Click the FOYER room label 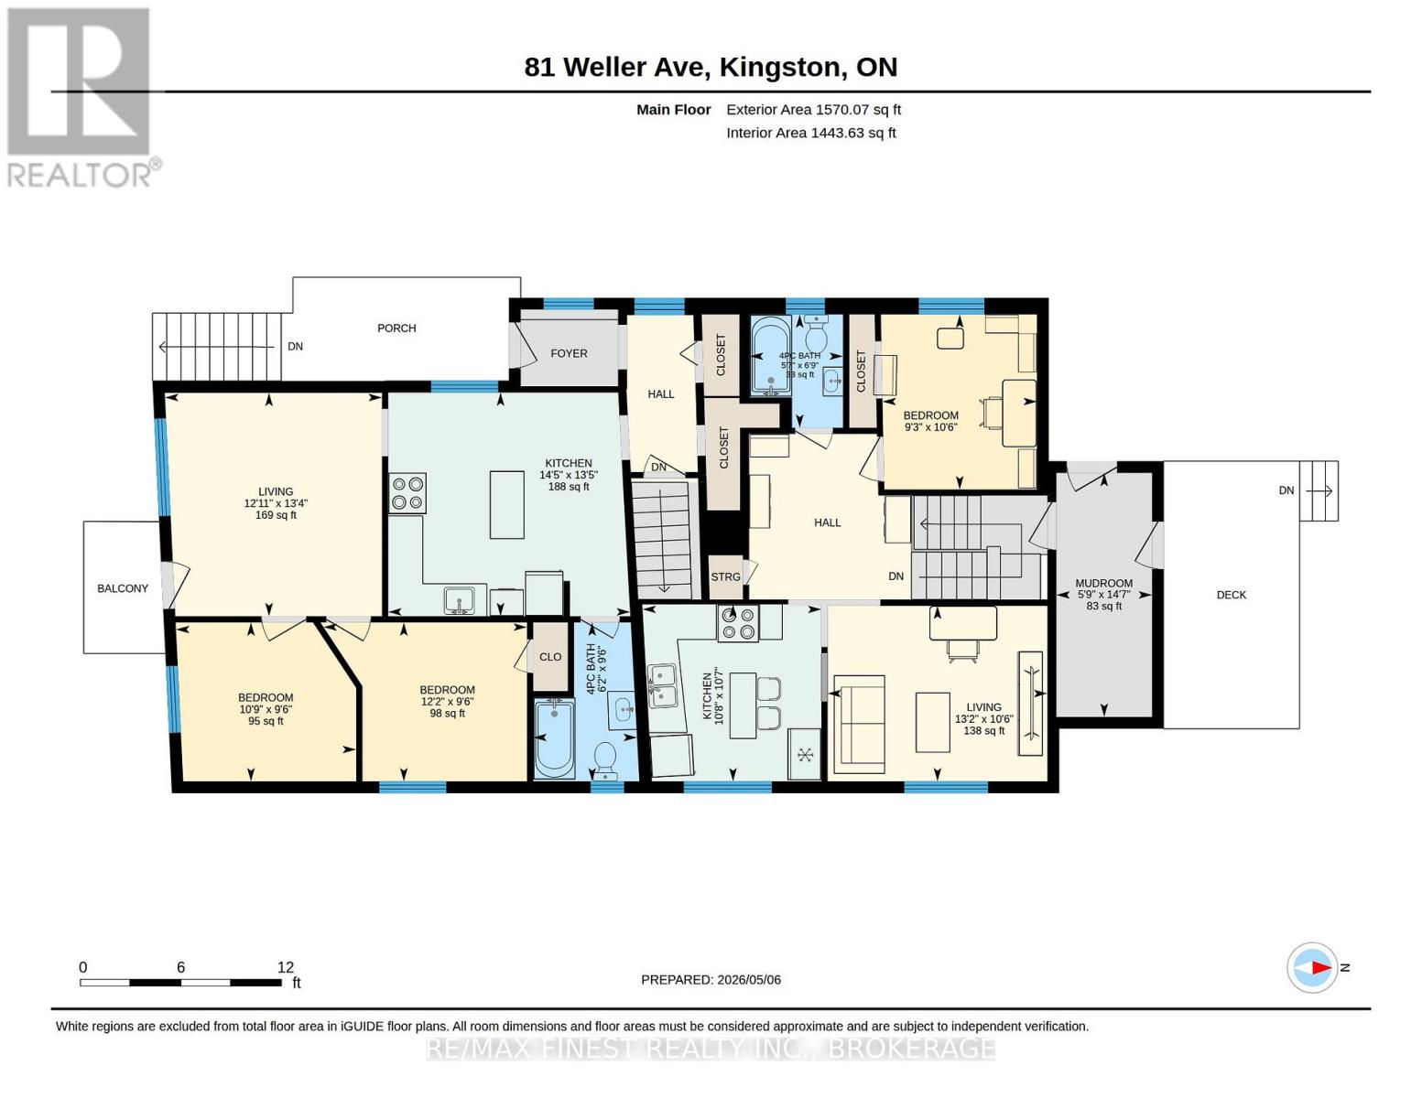click(x=569, y=353)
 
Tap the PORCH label click(x=396, y=328)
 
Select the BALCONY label click(x=123, y=588)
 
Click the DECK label click(x=1231, y=595)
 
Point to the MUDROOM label click(x=1103, y=584)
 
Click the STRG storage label click(x=725, y=576)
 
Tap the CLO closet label click(x=549, y=657)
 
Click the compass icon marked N click(x=1311, y=968)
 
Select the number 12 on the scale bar click(x=286, y=967)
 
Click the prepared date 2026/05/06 click(x=749, y=980)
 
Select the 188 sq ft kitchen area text click(x=568, y=487)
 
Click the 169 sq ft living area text click(x=276, y=514)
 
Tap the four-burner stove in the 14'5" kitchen click(x=407, y=493)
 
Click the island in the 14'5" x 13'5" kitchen click(x=507, y=505)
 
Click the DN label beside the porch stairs click(x=295, y=347)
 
